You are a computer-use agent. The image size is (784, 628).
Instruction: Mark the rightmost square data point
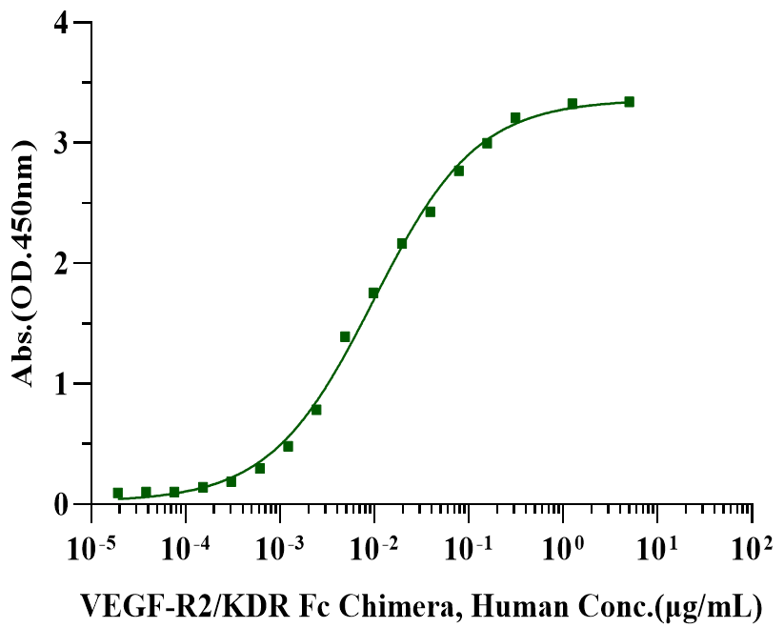[x=629, y=102]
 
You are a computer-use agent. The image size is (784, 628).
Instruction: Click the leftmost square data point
[x=118, y=494]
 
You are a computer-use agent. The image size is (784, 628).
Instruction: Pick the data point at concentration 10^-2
[x=373, y=293]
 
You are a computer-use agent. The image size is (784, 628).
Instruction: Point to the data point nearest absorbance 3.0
[x=487, y=143]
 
